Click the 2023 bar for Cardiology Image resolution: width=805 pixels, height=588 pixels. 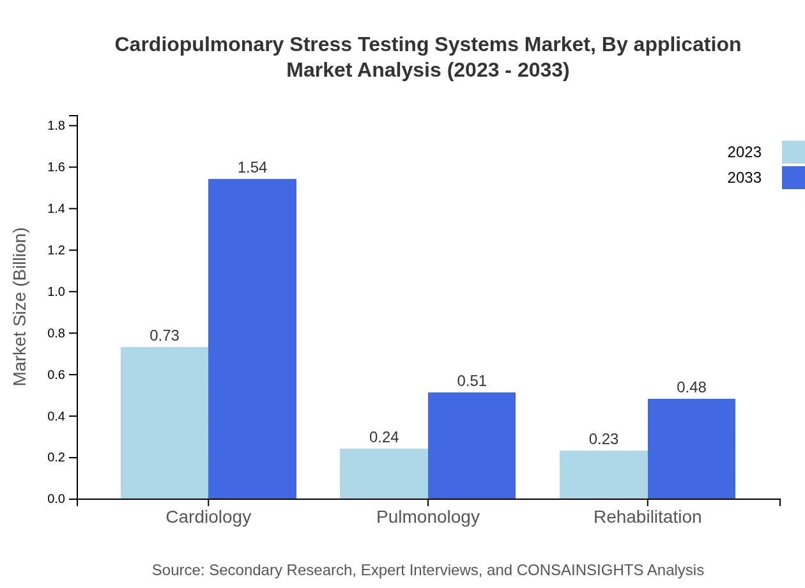click(164, 422)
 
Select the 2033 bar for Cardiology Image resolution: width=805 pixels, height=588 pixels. click(252, 339)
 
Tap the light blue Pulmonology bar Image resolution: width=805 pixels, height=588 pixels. click(383, 474)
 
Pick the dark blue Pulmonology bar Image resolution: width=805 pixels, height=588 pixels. click(471, 445)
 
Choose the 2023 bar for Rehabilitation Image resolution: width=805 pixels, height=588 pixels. click(603, 474)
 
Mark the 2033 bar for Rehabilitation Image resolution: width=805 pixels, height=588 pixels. click(691, 449)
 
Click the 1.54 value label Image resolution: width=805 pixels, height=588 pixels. click(252, 167)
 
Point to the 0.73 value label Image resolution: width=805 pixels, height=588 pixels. click(164, 336)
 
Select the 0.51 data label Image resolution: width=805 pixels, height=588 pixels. click(471, 381)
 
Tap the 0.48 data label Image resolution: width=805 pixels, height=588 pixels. click(691, 387)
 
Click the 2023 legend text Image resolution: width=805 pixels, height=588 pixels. click(744, 152)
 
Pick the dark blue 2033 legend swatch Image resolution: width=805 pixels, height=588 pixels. click(793, 178)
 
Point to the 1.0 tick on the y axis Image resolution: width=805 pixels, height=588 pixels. click(56, 291)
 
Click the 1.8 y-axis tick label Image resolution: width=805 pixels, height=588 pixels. click(56, 125)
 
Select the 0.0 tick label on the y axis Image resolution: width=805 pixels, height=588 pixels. click(56, 499)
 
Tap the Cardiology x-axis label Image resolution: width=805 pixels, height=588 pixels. click(208, 516)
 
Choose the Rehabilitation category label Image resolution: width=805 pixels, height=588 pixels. click(647, 516)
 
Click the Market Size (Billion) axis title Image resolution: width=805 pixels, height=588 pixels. click(20, 307)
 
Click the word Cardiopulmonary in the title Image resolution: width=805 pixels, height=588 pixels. click(198, 45)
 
